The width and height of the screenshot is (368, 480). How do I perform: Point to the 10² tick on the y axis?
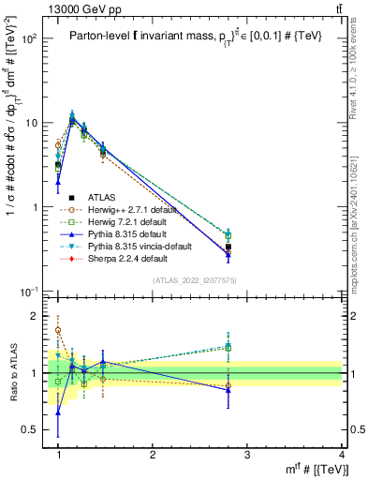coord(30,38)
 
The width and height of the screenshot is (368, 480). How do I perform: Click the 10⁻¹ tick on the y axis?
coord(30,292)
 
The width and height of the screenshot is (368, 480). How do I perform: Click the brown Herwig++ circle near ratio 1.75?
coord(58,330)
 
